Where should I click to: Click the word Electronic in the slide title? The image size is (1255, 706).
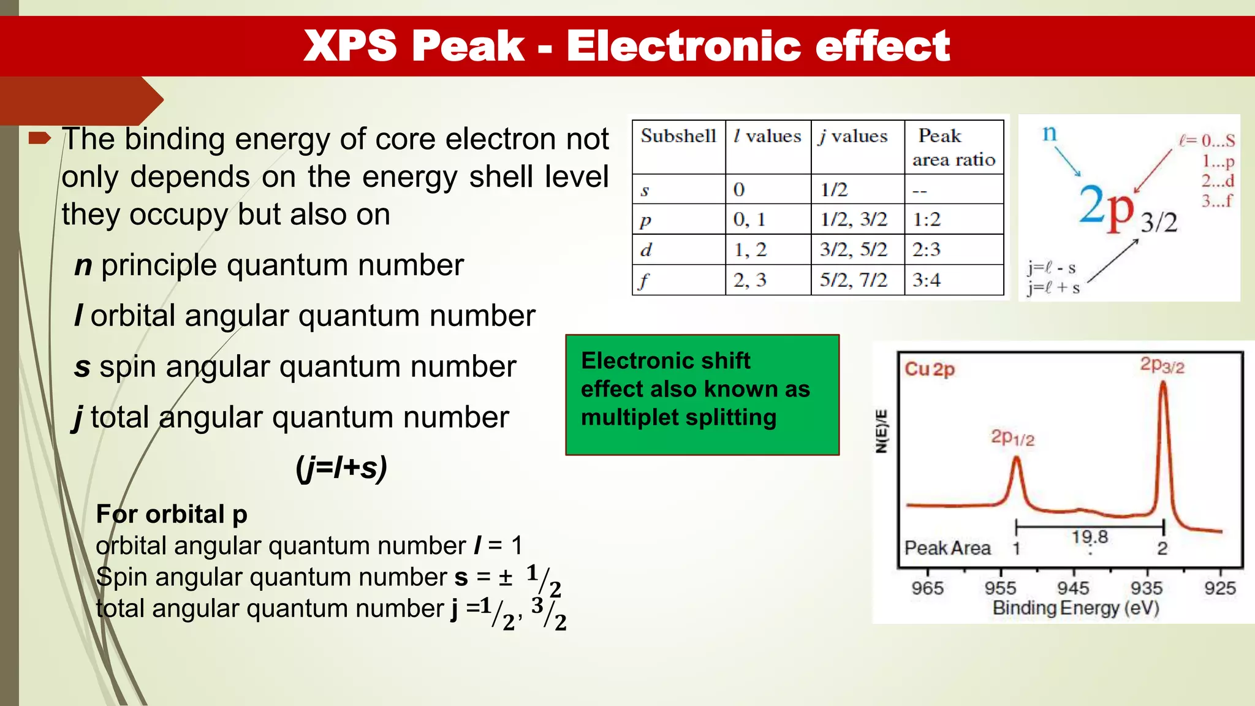point(683,46)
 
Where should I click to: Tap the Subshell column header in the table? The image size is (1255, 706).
point(678,136)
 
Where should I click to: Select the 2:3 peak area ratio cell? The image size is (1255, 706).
point(926,249)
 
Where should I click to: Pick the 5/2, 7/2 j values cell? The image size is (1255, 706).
point(854,280)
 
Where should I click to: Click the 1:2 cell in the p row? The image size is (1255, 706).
point(926,219)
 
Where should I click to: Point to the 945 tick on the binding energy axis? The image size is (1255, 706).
point(1073,588)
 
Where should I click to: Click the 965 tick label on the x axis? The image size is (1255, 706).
point(927,588)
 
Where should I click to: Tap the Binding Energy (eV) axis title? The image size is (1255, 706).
point(1075,608)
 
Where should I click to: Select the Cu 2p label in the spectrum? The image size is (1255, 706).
point(930,369)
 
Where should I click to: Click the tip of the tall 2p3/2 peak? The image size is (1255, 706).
point(1163,383)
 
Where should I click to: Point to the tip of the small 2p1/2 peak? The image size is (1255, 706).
point(1017,458)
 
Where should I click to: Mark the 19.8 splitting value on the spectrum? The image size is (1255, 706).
point(1090,537)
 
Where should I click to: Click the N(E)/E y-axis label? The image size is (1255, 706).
point(882,431)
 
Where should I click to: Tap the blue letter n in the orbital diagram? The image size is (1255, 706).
point(1050,133)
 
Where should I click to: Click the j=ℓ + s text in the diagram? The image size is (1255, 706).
point(1054,287)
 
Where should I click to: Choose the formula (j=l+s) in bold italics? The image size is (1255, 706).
point(341,468)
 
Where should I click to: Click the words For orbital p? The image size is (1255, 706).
point(172,514)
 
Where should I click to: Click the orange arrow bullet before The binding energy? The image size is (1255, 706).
point(40,138)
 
